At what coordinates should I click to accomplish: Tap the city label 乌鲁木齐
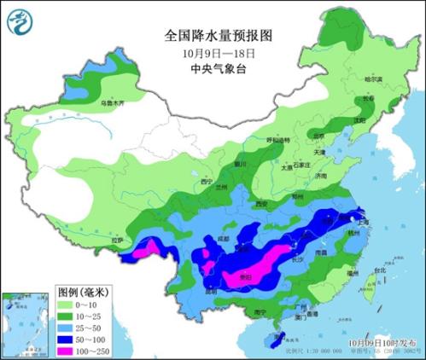pyautogui.click(x=112, y=102)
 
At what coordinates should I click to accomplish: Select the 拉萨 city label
pyautogui.click(x=118, y=240)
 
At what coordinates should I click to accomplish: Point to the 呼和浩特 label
pyautogui.click(x=278, y=139)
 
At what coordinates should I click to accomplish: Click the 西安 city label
pyautogui.click(x=261, y=205)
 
